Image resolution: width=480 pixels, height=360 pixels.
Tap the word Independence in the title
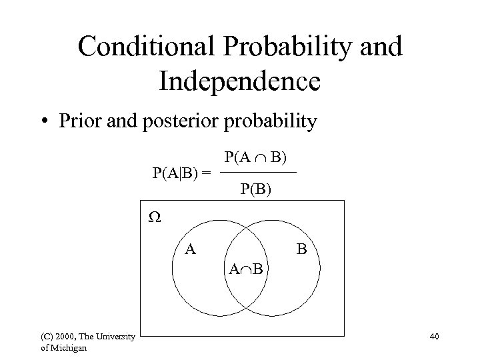click(x=240, y=81)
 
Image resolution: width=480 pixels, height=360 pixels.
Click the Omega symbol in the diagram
click(x=154, y=218)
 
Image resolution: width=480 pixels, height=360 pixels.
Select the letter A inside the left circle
click(x=190, y=250)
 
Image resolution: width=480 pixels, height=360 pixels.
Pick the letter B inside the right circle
click(x=301, y=250)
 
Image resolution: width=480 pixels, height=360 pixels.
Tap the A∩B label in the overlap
click(x=246, y=269)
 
